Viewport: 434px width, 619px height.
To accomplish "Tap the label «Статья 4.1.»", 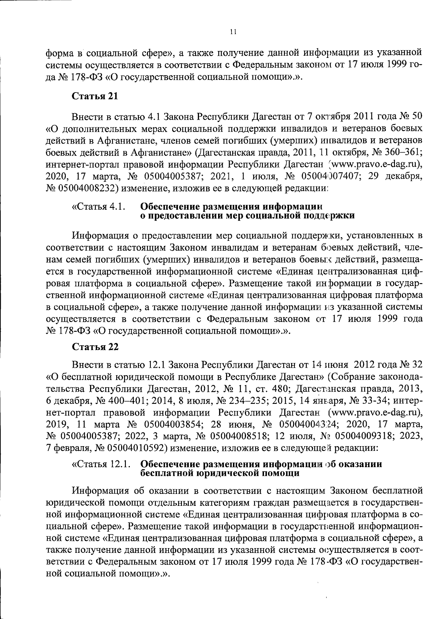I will [99, 207].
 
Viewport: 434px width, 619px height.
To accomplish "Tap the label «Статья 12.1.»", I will [101, 464].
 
